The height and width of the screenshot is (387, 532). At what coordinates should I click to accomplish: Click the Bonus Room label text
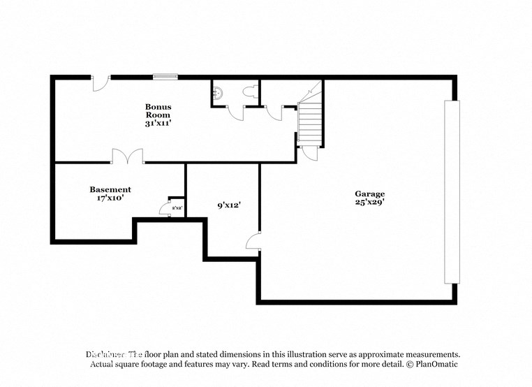(x=158, y=111)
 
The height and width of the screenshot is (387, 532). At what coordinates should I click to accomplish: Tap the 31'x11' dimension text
(x=158, y=123)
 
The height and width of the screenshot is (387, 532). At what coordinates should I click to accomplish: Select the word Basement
(x=110, y=189)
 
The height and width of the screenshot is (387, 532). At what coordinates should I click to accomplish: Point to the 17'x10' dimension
(x=110, y=198)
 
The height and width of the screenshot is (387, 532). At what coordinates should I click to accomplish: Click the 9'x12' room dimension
(x=229, y=205)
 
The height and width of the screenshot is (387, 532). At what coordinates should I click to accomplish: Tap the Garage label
(x=369, y=193)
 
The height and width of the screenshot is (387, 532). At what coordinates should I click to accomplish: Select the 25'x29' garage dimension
(x=369, y=203)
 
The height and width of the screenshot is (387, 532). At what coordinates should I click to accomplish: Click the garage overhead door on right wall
(x=452, y=191)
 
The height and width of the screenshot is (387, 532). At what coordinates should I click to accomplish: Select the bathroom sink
(x=218, y=92)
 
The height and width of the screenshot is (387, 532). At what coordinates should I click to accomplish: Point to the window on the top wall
(x=165, y=76)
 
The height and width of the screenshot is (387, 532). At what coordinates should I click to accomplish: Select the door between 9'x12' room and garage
(x=253, y=242)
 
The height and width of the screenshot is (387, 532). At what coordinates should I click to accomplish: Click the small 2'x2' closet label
(x=177, y=207)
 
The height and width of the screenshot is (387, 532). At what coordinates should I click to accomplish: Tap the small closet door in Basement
(x=165, y=207)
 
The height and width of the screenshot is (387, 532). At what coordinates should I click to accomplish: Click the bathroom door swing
(x=235, y=112)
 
